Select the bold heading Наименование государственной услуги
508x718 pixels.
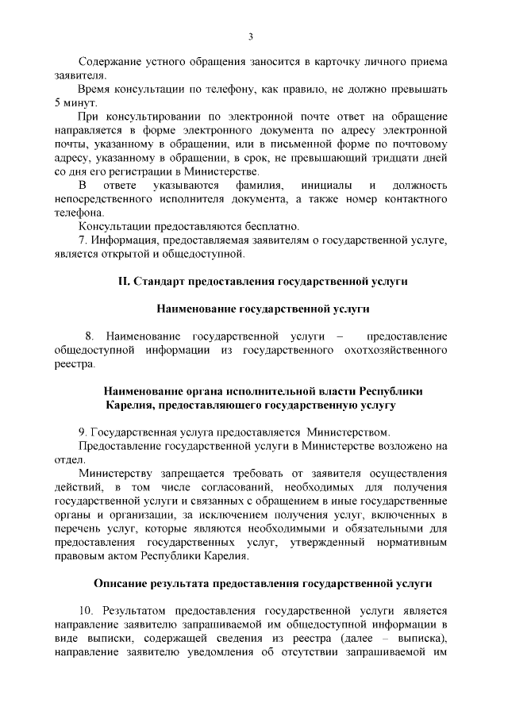[252, 309]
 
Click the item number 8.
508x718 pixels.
[89, 336]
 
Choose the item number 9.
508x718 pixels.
[82, 432]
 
